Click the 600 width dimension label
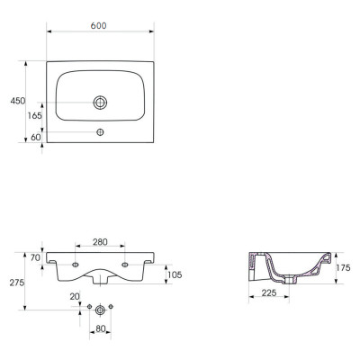pos(98,26)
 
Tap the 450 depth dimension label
pos(18,101)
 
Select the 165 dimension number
pos(35,115)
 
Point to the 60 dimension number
pos(36,138)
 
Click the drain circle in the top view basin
pos(100,103)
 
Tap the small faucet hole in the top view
pos(100,131)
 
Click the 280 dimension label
pos(100,242)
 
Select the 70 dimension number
pos(35,257)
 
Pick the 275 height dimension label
pos(17,283)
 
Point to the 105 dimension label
pos(175,274)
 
